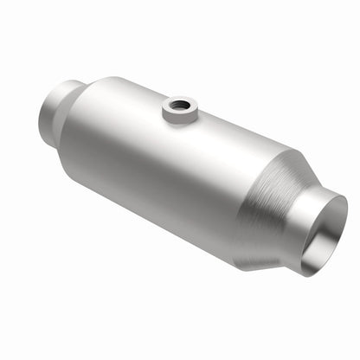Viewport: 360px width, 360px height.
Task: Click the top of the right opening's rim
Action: pos(333,195)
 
